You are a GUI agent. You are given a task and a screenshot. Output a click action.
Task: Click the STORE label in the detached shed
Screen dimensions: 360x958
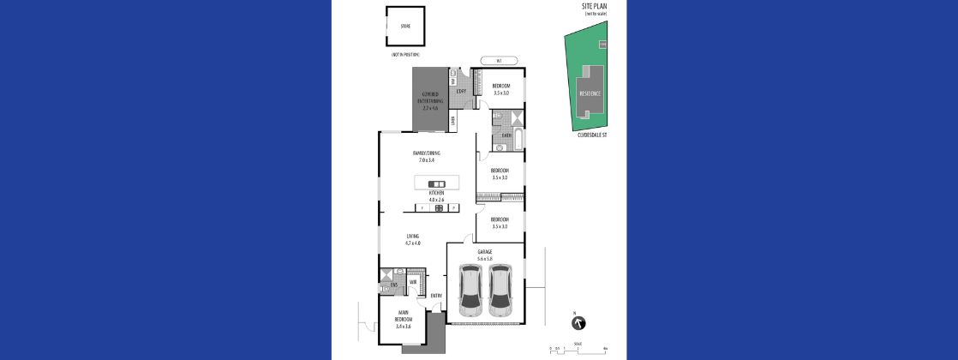tap(405, 26)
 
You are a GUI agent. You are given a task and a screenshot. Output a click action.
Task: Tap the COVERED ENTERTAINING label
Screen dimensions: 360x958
tap(429, 101)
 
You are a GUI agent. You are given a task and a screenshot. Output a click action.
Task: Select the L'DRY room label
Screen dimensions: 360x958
tap(460, 91)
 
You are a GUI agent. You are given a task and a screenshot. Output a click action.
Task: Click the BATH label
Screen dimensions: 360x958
tap(506, 135)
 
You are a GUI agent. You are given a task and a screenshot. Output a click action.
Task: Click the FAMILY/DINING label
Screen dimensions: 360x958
tap(426, 155)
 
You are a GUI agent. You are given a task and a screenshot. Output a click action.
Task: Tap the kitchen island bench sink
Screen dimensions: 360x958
tap(436, 183)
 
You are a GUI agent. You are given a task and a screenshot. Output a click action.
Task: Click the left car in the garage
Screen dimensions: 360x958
tap(470, 287)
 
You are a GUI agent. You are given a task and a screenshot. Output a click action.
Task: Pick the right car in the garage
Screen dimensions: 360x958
tap(500, 287)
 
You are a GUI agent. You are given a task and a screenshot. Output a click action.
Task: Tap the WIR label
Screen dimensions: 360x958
tap(412, 281)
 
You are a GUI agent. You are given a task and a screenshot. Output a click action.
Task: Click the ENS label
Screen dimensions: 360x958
tap(393, 285)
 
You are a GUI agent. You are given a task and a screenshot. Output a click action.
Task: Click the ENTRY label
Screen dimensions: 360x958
tap(436, 297)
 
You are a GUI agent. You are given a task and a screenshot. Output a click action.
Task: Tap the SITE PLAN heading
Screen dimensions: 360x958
tap(594, 6)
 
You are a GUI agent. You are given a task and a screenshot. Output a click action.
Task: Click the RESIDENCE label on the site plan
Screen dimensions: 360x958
tap(590, 93)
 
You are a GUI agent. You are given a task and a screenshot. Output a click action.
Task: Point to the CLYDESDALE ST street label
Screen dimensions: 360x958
tap(593, 135)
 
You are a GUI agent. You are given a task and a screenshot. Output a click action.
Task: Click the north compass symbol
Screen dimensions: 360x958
tap(578, 322)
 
